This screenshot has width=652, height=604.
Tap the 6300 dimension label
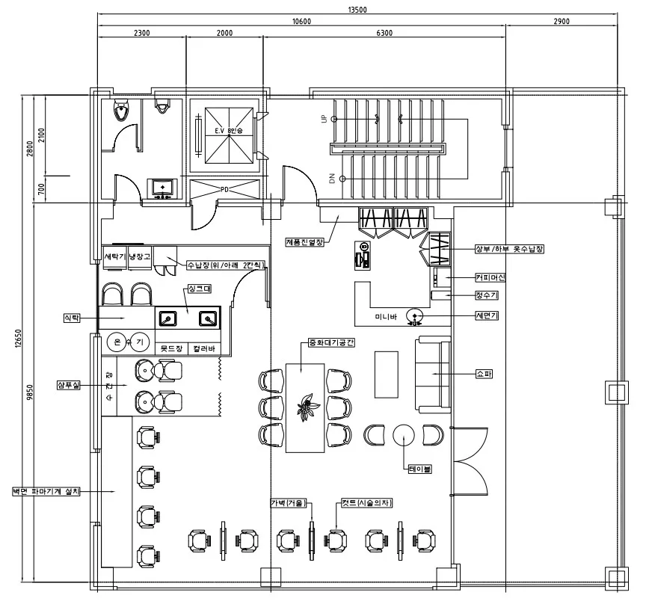[384, 33]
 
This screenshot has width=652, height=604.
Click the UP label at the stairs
[324, 120]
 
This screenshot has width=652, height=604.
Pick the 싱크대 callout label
[195, 288]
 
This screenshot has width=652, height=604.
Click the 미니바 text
[387, 318]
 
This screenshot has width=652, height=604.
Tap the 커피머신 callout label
[490, 277]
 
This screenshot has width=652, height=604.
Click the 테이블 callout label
[419, 469]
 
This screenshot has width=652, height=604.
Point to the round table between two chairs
[404, 434]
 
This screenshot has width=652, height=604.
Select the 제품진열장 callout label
[304, 241]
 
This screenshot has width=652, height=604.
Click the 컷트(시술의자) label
[366, 502]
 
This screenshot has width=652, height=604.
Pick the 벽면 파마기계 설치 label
[45, 491]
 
